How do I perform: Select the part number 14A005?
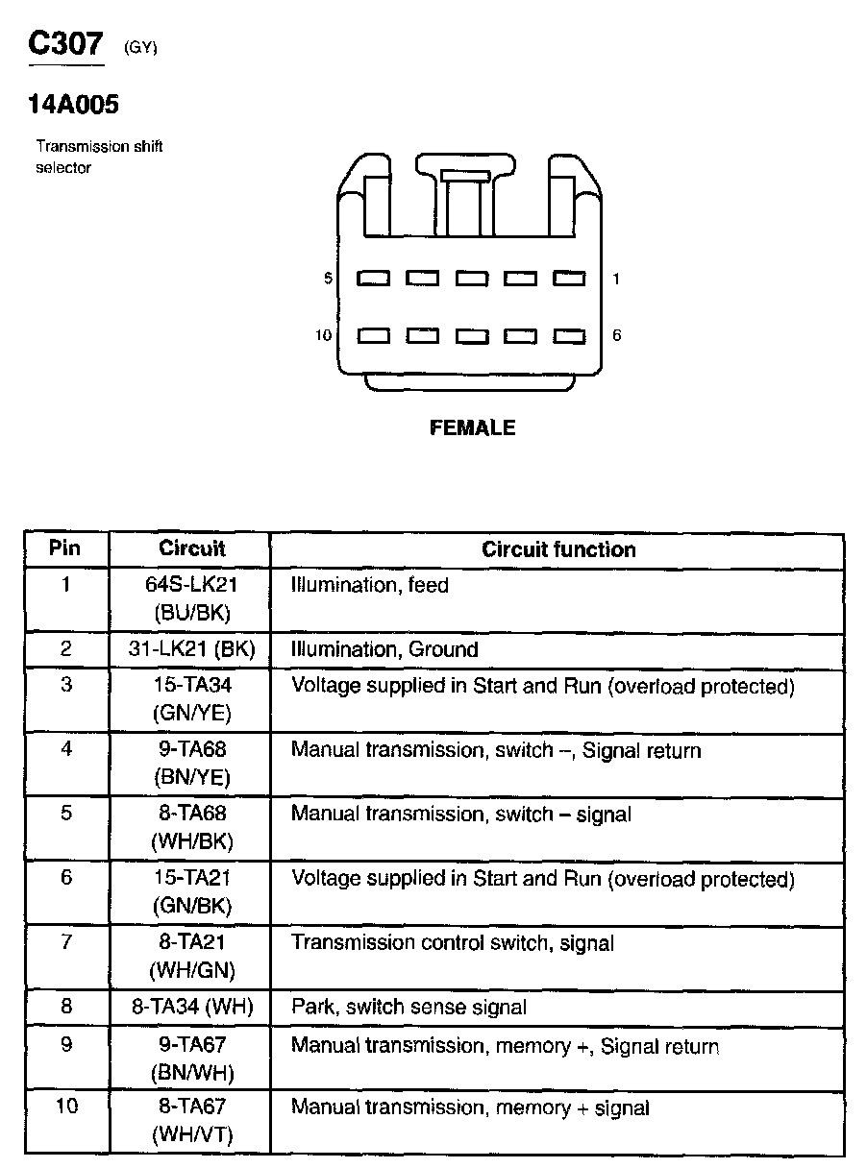pyautogui.click(x=73, y=105)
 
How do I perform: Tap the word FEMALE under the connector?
pyautogui.click(x=472, y=428)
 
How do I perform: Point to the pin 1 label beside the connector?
pyautogui.click(x=616, y=279)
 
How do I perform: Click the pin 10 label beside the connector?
pyautogui.click(x=323, y=335)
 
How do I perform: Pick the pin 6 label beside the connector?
pyautogui.click(x=616, y=335)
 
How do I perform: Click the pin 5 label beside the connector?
pyautogui.click(x=328, y=279)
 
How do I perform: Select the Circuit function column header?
pyautogui.click(x=558, y=549)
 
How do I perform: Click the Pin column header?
pyautogui.click(x=65, y=548)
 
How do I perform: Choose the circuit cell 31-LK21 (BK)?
pyautogui.click(x=191, y=649)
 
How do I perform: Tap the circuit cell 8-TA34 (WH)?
pyautogui.click(x=191, y=1007)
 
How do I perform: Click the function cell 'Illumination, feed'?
pyautogui.click(x=370, y=585)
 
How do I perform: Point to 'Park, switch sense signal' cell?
pyautogui.click(x=409, y=1007)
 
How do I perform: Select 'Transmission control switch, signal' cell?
pyautogui.click(x=452, y=943)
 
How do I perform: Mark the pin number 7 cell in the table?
pyautogui.click(x=65, y=942)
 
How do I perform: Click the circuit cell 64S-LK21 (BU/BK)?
pyautogui.click(x=191, y=598)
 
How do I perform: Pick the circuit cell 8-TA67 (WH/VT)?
pyautogui.click(x=191, y=1121)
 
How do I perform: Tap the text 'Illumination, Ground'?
pyautogui.click(x=384, y=649)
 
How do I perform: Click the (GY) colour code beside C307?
pyautogui.click(x=140, y=49)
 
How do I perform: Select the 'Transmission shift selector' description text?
pyautogui.click(x=99, y=158)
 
